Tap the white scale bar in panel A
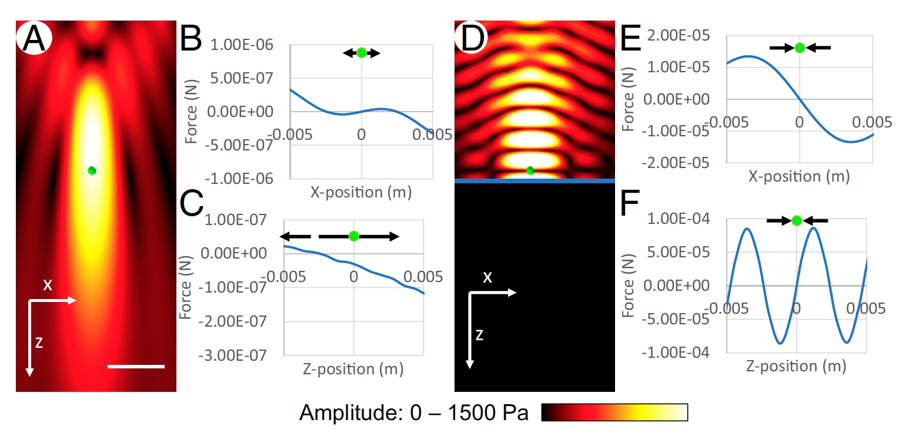[x=136, y=367]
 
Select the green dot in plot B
[x=362, y=52]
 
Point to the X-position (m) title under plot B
[x=362, y=192]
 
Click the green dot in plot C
[x=353, y=236]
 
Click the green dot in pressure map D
[x=531, y=170]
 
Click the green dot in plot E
[x=799, y=48]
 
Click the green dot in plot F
[x=797, y=220]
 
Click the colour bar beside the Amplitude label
[x=614, y=412]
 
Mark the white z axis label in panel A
[x=39, y=344]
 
